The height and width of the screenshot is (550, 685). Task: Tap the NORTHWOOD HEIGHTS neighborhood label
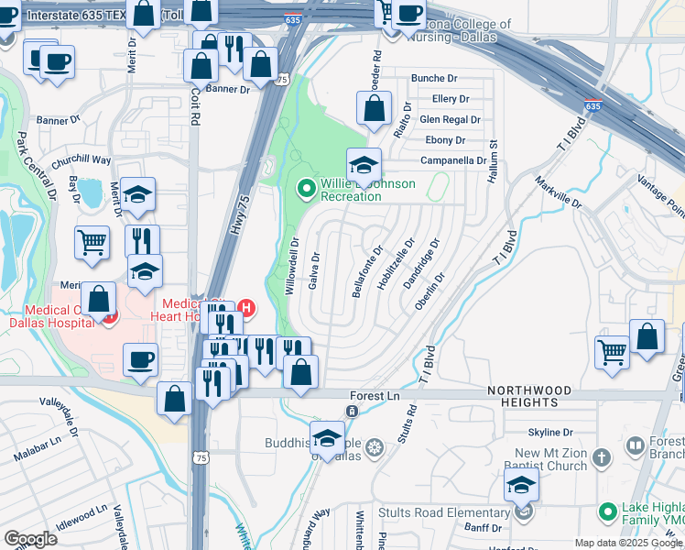pos(536,396)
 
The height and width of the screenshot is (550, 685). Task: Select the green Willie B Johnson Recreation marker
pos(307,190)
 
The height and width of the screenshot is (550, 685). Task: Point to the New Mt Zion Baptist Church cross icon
pos(601,456)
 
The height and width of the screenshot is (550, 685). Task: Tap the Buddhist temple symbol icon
pos(374,448)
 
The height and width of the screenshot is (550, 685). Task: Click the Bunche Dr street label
pos(434,79)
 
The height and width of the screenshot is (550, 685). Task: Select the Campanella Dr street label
pos(453,160)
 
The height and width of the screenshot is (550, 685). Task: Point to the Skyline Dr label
pos(550,433)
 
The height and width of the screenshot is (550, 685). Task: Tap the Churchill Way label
pos(81,161)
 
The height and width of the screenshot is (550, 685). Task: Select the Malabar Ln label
pos(38,451)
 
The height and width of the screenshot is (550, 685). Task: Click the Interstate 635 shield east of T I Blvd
pos(593,106)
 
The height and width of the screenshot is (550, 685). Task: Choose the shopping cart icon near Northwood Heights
pos(612,350)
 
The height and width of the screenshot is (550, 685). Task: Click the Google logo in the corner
pos(30,539)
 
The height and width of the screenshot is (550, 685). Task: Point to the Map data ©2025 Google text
pos(627,543)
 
